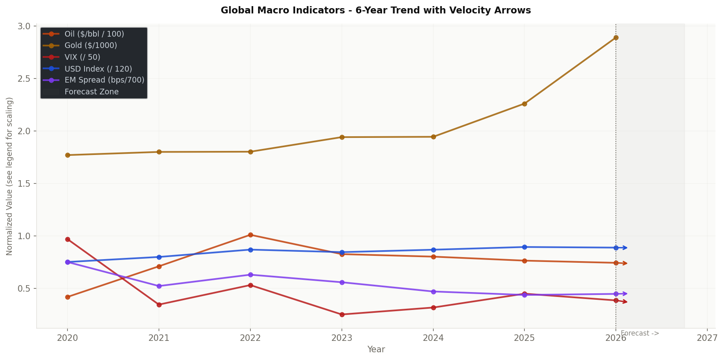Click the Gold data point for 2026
tap(616, 37)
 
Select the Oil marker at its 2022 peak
tap(250, 235)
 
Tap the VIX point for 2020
tap(67, 239)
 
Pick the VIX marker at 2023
tap(342, 314)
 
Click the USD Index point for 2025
tap(524, 247)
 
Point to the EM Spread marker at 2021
tap(159, 286)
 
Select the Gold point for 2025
tap(524, 104)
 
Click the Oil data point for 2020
tap(67, 297)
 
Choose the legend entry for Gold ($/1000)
tap(91, 46)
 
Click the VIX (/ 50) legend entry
tap(82, 57)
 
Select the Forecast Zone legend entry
tap(91, 92)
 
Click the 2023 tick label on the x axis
tap(342, 338)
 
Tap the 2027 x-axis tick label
tap(707, 338)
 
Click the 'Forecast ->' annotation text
tap(639, 334)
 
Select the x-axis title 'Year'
tap(376, 349)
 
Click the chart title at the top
tap(376, 11)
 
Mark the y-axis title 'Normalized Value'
tap(10, 176)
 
